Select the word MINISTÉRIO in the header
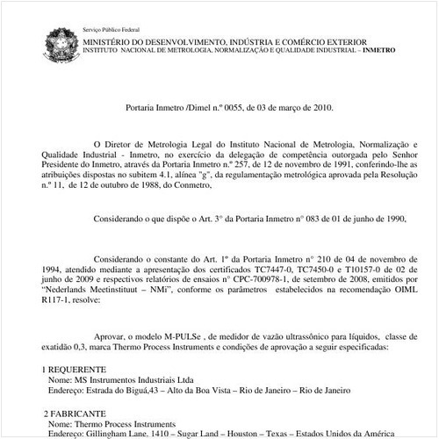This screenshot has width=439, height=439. tap(109, 40)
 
